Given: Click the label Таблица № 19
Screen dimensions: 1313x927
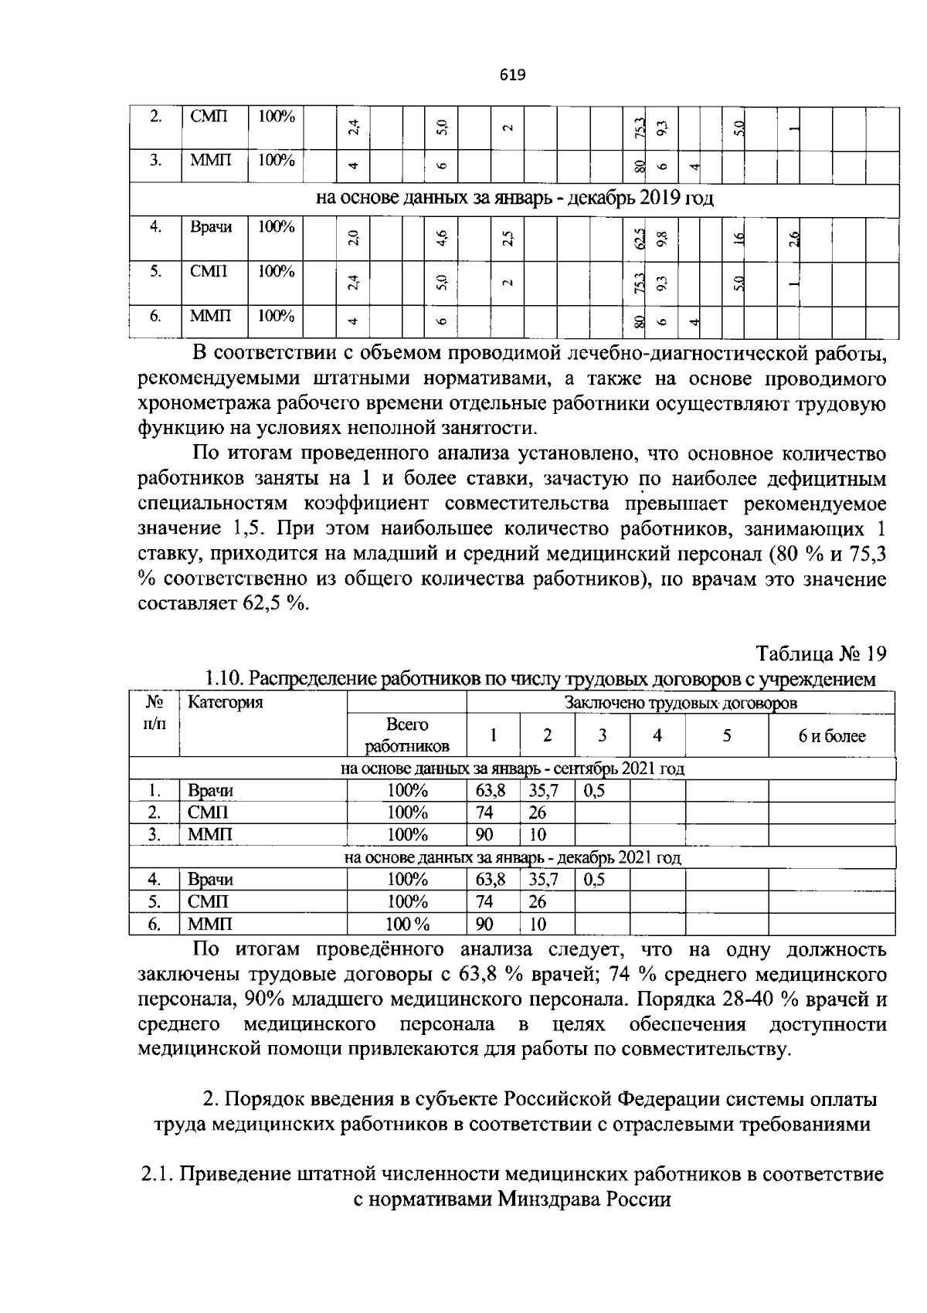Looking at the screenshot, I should pyautogui.click(x=820, y=653).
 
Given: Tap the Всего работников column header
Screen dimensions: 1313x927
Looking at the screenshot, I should pyautogui.click(x=407, y=735).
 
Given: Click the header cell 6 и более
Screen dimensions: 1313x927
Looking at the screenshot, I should pyautogui.click(x=831, y=736).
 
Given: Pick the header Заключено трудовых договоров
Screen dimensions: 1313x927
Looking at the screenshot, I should pyautogui.click(x=681, y=703).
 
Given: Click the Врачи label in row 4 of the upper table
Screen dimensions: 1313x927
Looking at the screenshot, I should pyautogui.click(x=211, y=227).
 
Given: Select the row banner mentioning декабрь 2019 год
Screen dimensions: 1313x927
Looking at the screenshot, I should pyautogui.click(x=514, y=198).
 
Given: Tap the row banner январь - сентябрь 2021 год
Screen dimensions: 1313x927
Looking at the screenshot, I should pyautogui.click(x=512, y=769).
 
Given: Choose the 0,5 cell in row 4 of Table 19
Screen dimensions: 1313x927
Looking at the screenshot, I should pyautogui.click(x=594, y=880).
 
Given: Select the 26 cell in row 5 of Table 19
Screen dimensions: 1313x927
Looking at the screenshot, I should pyautogui.click(x=538, y=902).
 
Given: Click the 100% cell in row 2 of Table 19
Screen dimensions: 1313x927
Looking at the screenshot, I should pyautogui.click(x=407, y=813).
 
